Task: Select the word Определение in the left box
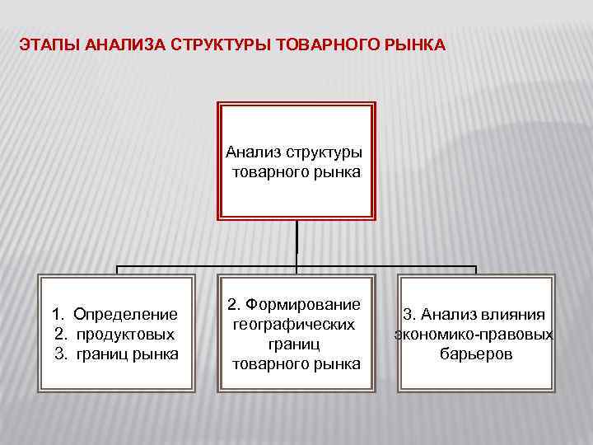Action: (x=125, y=314)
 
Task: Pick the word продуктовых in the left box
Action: (x=125, y=334)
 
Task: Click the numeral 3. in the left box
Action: (x=61, y=354)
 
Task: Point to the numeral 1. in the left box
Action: (x=58, y=314)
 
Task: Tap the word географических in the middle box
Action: (x=296, y=325)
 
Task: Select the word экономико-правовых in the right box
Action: (x=474, y=335)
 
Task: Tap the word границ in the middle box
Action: (x=296, y=344)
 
